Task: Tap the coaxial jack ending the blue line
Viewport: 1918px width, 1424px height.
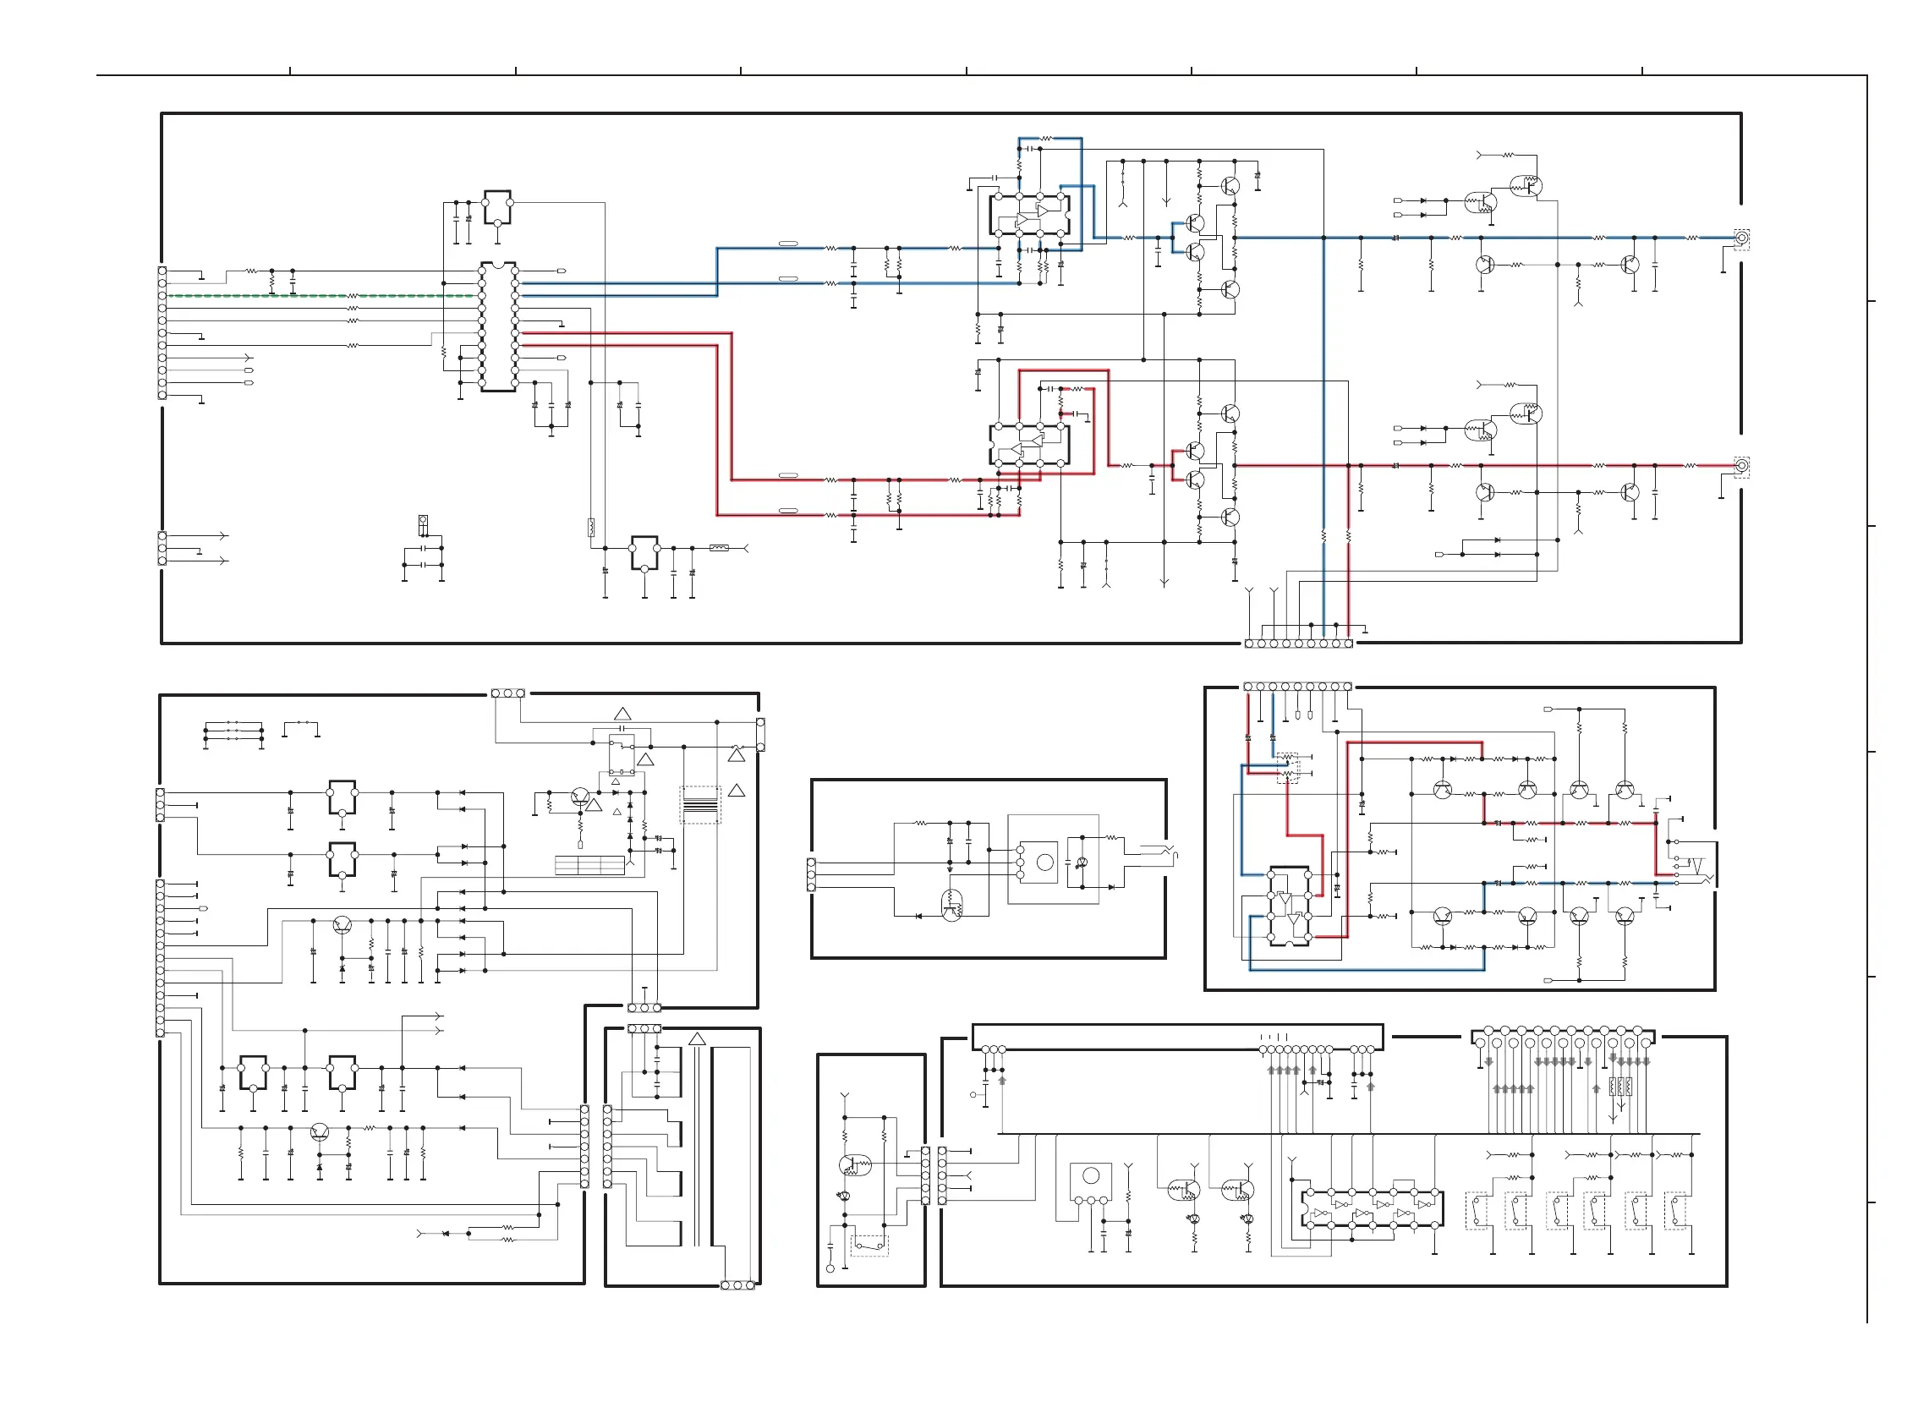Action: (1740, 238)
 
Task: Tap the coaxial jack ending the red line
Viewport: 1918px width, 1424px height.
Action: (1740, 466)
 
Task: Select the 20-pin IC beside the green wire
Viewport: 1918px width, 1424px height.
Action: (498, 326)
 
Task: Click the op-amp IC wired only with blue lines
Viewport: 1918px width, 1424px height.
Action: (1029, 215)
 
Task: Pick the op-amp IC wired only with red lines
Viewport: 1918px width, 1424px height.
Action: (1029, 445)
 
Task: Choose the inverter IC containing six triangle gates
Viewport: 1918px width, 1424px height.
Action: (1371, 1208)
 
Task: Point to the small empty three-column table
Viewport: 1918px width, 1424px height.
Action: (589, 864)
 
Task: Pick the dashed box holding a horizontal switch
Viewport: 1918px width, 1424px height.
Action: (869, 1245)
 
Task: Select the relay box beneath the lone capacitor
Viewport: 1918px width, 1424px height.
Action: (622, 755)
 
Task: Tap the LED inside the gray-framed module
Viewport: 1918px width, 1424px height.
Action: (1082, 863)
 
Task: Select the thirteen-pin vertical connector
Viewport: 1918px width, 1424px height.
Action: (161, 958)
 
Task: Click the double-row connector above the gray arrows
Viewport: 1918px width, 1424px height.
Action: (1563, 1037)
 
